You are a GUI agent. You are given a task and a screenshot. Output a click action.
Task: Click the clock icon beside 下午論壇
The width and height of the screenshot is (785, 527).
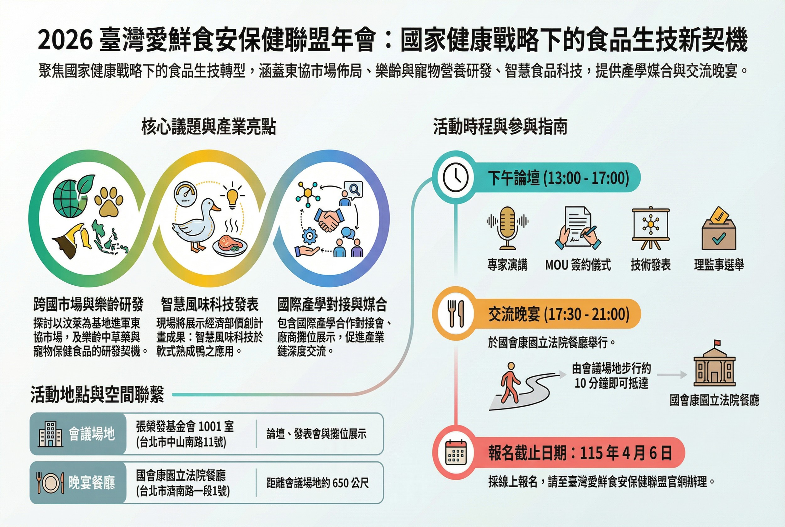tap(455, 177)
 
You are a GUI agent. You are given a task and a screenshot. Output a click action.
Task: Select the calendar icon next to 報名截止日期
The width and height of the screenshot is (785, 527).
tap(456, 453)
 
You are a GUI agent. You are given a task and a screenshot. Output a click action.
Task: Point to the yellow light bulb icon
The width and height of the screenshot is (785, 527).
tap(232, 197)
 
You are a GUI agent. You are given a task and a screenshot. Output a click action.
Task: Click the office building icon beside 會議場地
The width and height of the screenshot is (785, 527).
tap(50, 434)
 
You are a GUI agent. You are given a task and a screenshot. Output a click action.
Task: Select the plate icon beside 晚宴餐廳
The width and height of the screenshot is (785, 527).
tap(50, 483)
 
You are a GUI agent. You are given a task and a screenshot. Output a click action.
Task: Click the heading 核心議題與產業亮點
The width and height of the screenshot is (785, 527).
tap(208, 127)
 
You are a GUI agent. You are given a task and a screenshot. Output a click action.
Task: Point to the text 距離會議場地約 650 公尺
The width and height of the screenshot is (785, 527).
tap(318, 483)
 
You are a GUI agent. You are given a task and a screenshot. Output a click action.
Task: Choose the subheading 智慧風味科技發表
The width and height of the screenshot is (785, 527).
tap(209, 305)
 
